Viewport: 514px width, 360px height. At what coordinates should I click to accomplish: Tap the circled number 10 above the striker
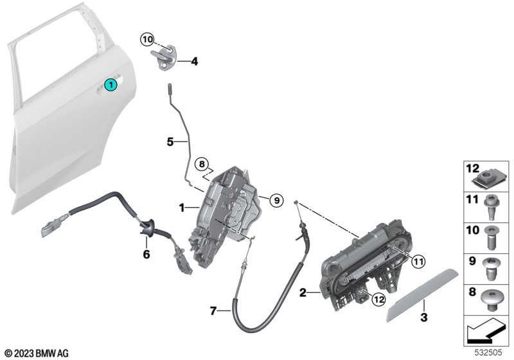click(x=148, y=40)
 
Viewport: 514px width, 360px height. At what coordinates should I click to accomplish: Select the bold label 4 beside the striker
click(x=193, y=62)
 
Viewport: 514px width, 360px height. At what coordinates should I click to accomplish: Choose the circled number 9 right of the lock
click(x=275, y=201)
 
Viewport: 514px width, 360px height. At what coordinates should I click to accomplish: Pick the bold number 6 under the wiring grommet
click(x=146, y=255)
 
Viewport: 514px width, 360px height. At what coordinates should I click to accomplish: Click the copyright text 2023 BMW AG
click(x=36, y=353)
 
